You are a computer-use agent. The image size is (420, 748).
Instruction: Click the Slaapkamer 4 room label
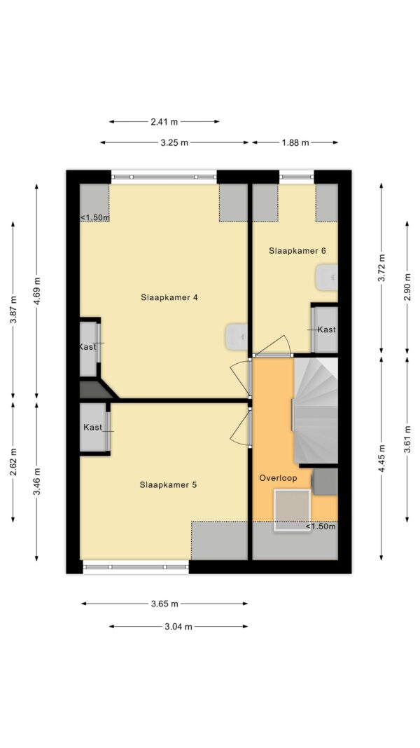coord(169,297)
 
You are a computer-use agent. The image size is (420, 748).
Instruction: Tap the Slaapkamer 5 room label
coord(168,484)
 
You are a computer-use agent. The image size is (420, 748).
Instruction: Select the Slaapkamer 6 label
coord(297,250)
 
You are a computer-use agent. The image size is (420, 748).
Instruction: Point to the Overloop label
coord(278,477)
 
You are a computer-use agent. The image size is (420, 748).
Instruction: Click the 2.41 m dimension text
coord(164,122)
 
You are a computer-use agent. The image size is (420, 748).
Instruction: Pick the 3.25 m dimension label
coord(174,142)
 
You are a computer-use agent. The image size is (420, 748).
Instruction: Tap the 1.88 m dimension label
coord(295,142)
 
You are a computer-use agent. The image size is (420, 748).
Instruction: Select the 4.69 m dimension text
coord(37,290)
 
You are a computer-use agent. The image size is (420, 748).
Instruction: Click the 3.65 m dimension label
coord(164,604)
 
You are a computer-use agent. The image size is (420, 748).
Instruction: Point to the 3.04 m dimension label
coord(178,626)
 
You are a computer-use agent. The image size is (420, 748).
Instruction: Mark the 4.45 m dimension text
coord(381,457)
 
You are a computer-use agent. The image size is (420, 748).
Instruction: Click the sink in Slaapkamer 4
coord(236,335)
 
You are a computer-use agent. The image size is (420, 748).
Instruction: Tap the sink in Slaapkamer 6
coord(327,278)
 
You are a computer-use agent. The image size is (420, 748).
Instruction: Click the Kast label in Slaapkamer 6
coord(327,329)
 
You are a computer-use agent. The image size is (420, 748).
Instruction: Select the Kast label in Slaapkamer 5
coord(93,428)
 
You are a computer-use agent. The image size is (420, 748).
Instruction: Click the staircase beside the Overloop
coord(316,410)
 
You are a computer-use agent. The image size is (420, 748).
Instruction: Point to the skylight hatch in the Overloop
coord(292,510)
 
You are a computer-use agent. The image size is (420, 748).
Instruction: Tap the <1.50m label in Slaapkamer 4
coord(94,217)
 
